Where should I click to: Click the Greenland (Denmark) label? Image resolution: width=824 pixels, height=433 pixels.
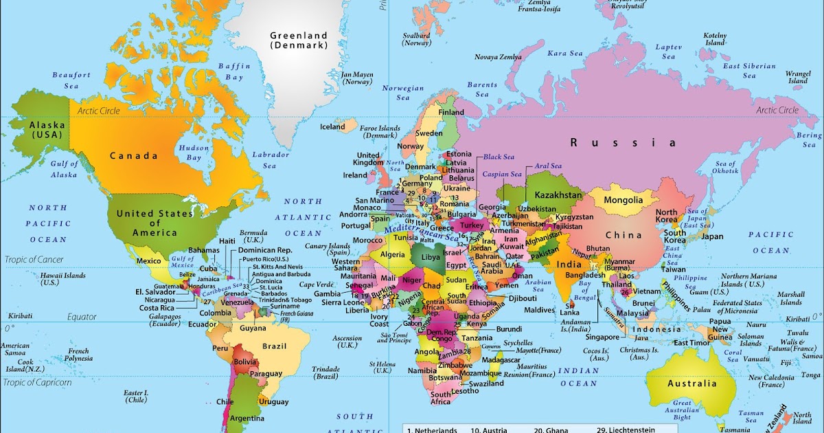tap(298, 40)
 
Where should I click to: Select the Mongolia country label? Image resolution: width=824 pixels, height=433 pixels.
tap(623, 200)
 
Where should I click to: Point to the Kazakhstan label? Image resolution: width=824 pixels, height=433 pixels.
tap(558, 195)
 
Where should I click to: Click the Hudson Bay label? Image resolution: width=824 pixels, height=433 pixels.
tap(190, 153)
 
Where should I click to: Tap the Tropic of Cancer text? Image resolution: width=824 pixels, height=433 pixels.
tap(34, 259)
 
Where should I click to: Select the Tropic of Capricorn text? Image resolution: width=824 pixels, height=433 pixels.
tap(37, 382)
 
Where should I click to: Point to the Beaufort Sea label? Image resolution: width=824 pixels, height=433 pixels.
tap(72, 80)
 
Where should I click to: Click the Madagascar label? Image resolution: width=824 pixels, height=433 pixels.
tap(501, 359)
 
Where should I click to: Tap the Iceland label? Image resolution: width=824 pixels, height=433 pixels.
tap(333, 126)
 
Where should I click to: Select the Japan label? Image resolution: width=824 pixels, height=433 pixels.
tap(712, 236)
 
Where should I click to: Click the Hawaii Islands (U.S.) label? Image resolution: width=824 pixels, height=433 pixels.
tap(63, 278)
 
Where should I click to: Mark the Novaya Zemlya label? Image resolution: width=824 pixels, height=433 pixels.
tap(499, 57)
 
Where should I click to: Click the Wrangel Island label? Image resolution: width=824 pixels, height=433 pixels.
tap(798, 77)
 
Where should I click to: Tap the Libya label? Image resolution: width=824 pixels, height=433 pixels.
tap(431, 256)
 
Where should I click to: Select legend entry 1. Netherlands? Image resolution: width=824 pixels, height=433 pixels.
tap(433, 430)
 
